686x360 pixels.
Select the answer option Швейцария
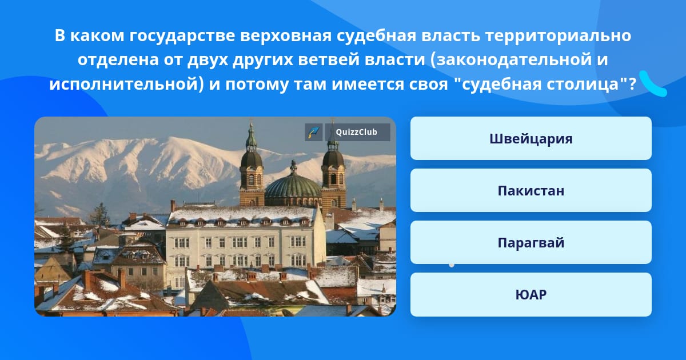[x=531, y=138]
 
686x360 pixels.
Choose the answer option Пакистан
[x=531, y=190]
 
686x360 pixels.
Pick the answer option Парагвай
[x=531, y=242]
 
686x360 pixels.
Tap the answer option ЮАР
[x=531, y=294]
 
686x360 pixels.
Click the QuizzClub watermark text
[x=357, y=132]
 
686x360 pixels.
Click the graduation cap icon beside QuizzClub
[x=314, y=132]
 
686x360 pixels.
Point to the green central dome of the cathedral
[x=293, y=186]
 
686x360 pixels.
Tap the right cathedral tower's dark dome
[x=333, y=159]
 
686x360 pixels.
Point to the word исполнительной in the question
[x=123, y=84]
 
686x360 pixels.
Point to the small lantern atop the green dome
[x=293, y=167]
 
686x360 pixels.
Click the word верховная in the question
[x=286, y=36]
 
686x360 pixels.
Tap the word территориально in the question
[x=559, y=36]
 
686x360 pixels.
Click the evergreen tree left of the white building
[x=99, y=214]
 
